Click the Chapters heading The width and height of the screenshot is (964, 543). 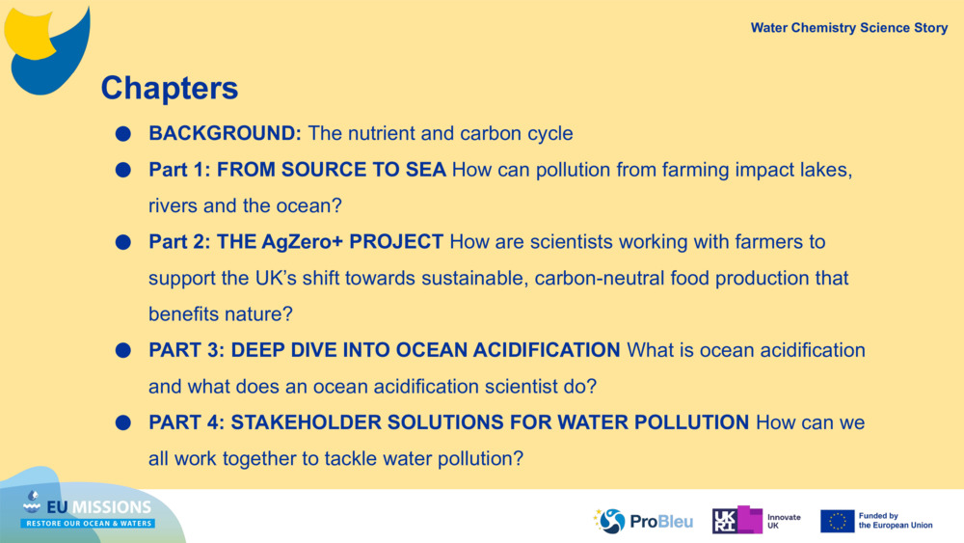coord(169,88)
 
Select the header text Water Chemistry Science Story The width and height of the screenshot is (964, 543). coord(849,28)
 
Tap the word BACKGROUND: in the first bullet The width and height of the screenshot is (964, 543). coord(225,133)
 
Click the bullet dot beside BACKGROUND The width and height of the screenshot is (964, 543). coord(123,133)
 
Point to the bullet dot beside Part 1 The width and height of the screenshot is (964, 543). coord(123,170)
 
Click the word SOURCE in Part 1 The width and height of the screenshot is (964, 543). coord(323,169)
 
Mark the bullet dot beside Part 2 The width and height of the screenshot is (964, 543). coord(123,242)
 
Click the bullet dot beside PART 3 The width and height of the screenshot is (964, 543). coord(123,350)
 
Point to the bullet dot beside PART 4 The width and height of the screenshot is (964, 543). coord(123,423)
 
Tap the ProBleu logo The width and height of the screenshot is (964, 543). coord(643,521)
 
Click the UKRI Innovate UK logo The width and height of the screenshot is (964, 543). coord(756,520)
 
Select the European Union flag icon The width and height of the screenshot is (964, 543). coord(837,521)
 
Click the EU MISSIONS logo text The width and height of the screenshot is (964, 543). coord(98,506)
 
